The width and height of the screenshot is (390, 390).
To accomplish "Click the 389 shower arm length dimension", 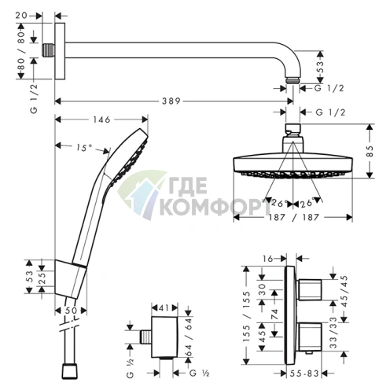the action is (171, 101).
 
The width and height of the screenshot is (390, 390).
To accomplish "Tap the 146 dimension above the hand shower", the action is (101, 120).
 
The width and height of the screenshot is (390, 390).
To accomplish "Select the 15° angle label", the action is (84, 148).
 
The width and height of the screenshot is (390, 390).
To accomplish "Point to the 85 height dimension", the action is (370, 151).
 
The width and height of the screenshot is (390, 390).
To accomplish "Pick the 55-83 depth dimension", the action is (304, 373).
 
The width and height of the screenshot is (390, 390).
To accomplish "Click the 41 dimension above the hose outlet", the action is (164, 307).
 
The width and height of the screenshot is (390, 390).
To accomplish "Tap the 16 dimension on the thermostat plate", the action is (268, 259).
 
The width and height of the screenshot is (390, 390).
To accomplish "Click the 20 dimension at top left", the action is (21, 16).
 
